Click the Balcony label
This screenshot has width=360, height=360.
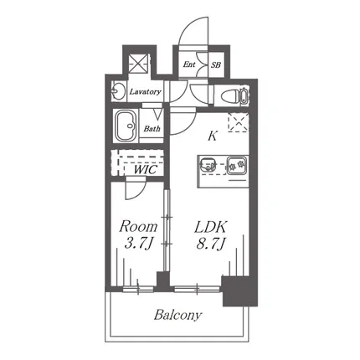click(x=177, y=315)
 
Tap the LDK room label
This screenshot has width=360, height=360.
click(x=211, y=227)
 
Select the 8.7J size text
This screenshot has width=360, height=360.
click(x=211, y=244)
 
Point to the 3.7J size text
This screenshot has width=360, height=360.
click(x=138, y=244)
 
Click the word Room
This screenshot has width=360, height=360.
click(x=138, y=227)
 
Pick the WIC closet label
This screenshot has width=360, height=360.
click(x=146, y=170)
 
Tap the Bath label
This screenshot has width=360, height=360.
click(x=152, y=129)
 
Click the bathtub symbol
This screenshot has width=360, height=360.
click(x=126, y=126)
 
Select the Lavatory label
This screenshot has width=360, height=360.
click(x=145, y=91)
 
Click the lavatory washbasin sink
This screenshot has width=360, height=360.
click(x=118, y=91)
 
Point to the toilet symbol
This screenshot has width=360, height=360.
click(x=234, y=95)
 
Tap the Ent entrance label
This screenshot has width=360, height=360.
click(x=189, y=64)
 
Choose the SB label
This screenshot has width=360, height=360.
click(x=216, y=65)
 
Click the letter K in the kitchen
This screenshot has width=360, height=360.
click(x=213, y=136)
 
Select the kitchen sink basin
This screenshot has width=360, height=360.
click(x=208, y=164)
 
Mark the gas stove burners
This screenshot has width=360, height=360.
click(x=237, y=165)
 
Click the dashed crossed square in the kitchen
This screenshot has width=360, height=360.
click(x=238, y=122)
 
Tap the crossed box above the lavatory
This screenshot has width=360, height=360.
click(x=139, y=64)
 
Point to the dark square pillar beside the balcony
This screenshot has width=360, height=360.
click(x=239, y=291)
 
